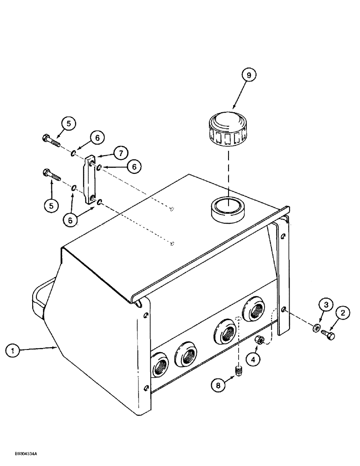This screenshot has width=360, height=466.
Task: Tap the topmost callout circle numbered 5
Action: point(69,124)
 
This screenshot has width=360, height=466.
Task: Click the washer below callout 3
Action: point(317,329)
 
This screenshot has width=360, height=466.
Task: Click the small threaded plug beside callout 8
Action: point(238,371)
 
